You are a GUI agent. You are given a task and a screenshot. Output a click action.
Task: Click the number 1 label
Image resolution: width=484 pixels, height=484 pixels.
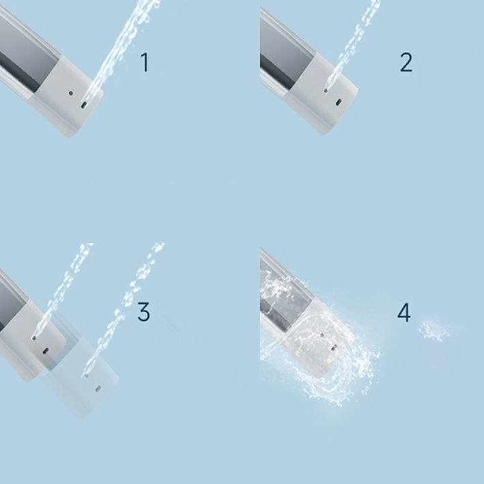coord(144,62)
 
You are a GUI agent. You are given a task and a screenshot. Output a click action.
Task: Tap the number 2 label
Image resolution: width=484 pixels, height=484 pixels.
coord(405,62)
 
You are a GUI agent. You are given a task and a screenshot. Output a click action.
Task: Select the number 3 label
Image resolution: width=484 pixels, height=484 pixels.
coord(143,312)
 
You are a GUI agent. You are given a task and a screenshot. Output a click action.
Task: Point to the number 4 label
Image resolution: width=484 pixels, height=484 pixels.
coord(404,313)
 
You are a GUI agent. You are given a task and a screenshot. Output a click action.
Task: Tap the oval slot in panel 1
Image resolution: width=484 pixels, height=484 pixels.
coord(83,105)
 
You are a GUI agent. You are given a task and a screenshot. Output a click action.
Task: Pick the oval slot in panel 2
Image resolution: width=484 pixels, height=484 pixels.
coord(339,102)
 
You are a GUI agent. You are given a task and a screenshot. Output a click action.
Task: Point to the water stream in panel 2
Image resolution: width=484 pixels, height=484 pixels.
coord(355,41)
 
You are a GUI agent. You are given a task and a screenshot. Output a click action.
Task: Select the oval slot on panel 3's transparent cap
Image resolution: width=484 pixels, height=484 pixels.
coord(97,388)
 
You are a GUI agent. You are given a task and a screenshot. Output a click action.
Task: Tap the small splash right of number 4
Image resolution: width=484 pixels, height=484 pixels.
coord(431,330)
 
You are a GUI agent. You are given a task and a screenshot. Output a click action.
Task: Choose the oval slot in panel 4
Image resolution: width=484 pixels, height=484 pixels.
coord(333,347)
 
